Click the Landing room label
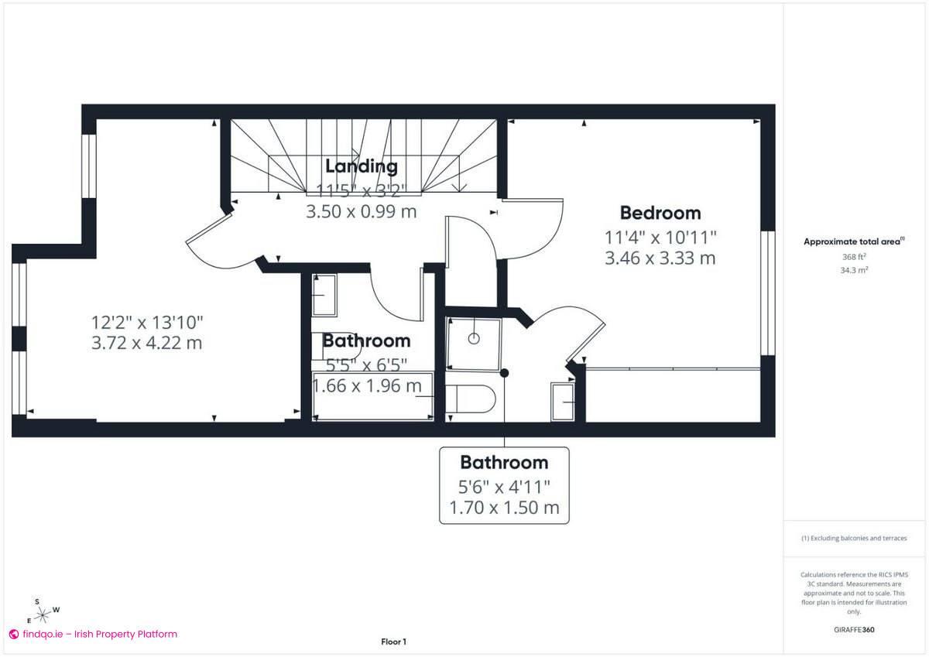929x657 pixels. click(361, 166)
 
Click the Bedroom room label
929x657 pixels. click(660, 213)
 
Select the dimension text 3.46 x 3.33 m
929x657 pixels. click(660, 258)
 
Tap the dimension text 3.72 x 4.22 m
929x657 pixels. click(146, 342)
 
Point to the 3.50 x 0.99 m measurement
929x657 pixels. click(362, 210)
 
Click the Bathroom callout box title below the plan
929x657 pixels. click(504, 463)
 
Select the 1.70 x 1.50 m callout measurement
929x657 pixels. click(504, 508)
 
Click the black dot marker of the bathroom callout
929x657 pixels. click(504, 373)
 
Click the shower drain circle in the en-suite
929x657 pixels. click(474, 337)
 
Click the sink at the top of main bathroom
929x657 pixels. click(324, 295)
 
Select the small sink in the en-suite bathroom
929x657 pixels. click(563, 402)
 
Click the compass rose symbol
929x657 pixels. click(45, 611)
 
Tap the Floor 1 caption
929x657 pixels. click(393, 642)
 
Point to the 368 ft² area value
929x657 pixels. click(853, 256)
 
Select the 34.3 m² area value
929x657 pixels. click(853, 270)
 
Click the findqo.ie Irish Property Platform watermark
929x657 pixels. click(93, 634)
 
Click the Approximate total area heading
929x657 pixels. click(853, 241)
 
